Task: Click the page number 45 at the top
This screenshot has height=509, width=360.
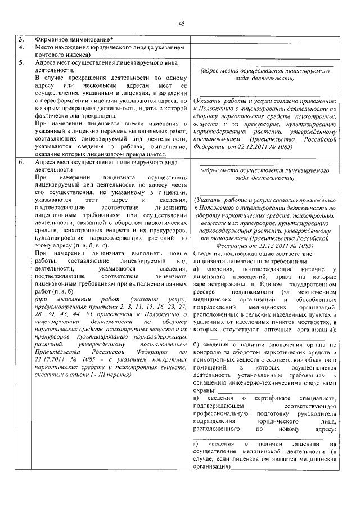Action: tap(181, 23)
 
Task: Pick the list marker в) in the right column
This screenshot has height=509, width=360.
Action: tap(196, 399)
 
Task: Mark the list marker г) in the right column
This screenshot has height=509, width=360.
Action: tap(195, 444)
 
